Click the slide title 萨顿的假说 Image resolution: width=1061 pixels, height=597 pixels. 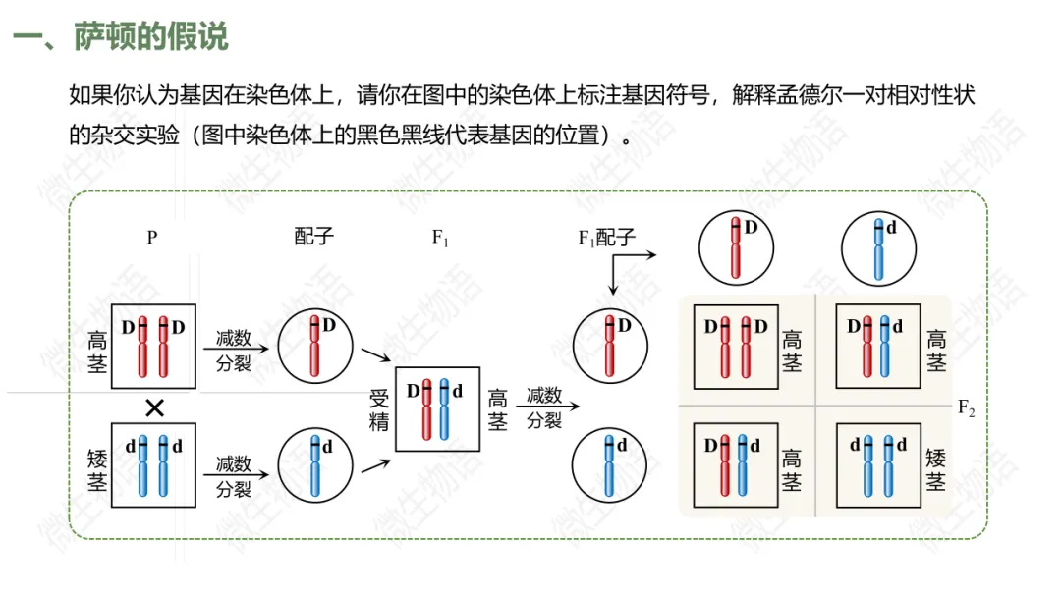tap(150, 37)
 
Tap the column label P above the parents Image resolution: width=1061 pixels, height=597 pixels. tap(152, 237)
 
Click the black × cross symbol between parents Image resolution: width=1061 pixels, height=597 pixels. tap(153, 407)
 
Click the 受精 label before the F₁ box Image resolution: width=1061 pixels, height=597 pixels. tap(379, 409)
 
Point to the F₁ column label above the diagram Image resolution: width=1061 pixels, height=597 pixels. tap(440, 238)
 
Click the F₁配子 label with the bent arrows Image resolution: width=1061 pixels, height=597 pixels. tap(606, 237)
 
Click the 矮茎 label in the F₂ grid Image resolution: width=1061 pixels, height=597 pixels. tap(936, 469)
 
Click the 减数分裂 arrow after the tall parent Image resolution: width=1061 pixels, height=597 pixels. tap(234, 349)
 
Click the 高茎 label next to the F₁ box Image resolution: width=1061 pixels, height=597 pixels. tap(498, 409)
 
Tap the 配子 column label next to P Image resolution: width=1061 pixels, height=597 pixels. tap(314, 237)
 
